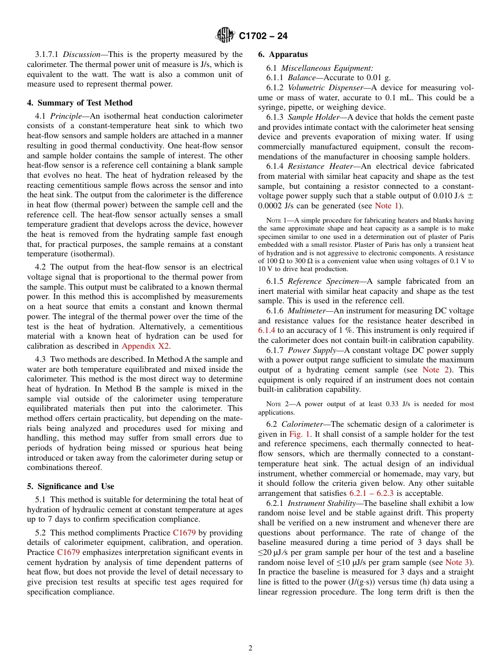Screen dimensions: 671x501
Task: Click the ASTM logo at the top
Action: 225,36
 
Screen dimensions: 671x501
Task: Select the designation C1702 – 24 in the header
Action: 263,36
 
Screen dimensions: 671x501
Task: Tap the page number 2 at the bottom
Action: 250,648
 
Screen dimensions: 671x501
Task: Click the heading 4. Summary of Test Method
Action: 80,103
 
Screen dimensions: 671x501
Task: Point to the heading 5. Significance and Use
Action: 71,486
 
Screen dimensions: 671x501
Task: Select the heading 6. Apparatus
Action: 283,54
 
